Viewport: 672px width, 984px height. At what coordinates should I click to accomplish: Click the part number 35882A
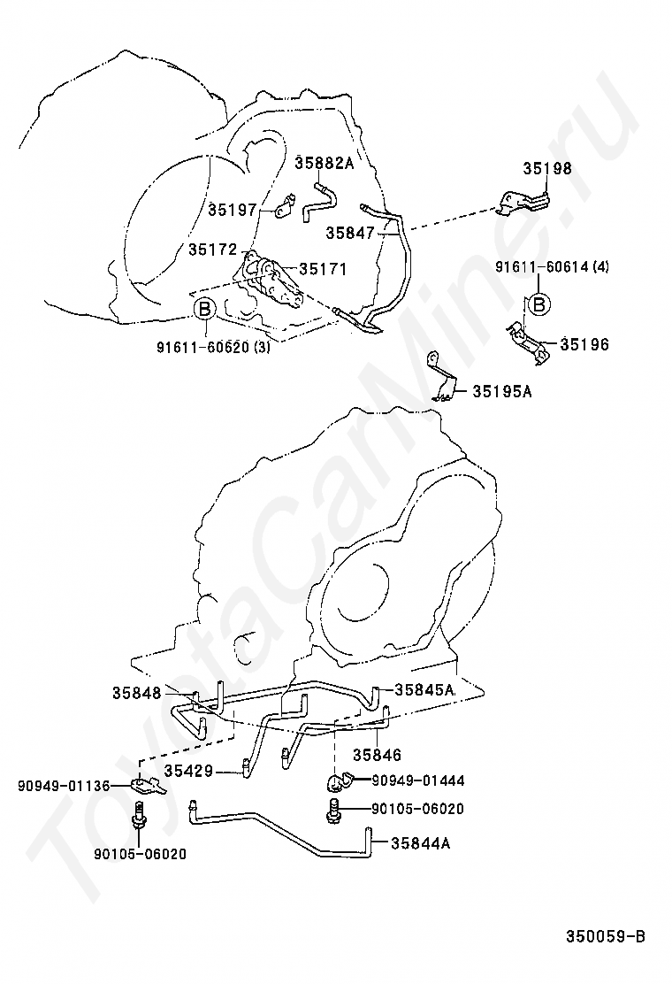[324, 163]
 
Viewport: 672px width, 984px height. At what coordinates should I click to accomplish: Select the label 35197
[233, 210]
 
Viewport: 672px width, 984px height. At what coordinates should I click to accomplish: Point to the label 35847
[350, 233]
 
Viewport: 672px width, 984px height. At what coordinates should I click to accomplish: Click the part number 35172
[212, 250]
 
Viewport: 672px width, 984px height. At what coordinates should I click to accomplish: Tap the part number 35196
[584, 344]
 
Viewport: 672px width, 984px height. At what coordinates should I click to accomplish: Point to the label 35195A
[501, 390]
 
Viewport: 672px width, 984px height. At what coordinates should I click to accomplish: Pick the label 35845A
[424, 689]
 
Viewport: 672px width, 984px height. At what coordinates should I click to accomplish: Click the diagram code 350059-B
[607, 935]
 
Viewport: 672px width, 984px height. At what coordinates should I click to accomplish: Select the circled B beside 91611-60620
[203, 310]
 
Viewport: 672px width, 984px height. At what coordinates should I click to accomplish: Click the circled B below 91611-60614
[538, 304]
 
